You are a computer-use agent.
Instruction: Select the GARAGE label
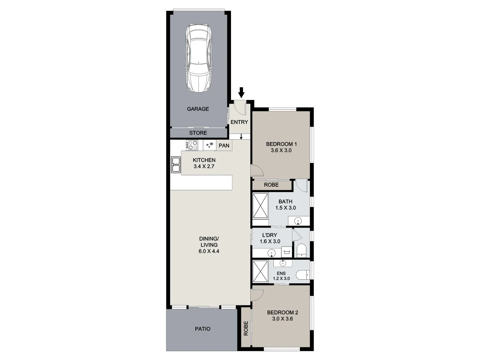(x=198, y=109)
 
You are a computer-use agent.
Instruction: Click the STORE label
(x=198, y=133)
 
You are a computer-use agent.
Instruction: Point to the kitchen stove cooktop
(x=192, y=145)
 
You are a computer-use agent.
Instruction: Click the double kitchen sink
(x=175, y=165)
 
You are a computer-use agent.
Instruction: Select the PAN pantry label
(x=224, y=146)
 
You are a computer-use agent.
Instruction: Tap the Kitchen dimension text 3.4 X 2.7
(x=204, y=166)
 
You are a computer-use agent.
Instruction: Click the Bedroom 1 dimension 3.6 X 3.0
(x=281, y=150)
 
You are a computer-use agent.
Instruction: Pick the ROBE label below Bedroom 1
(x=271, y=185)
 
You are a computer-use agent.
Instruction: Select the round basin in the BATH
(x=298, y=221)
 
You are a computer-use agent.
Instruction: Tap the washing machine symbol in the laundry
(x=286, y=251)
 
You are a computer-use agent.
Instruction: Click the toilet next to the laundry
(x=301, y=250)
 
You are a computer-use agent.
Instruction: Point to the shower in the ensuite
(x=260, y=272)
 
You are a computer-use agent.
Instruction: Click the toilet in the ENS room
(x=303, y=275)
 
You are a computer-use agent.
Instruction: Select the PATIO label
(x=203, y=329)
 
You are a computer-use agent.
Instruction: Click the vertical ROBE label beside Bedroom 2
(x=246, y=328)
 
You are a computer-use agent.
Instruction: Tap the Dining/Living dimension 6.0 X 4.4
(x=209, y=251)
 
